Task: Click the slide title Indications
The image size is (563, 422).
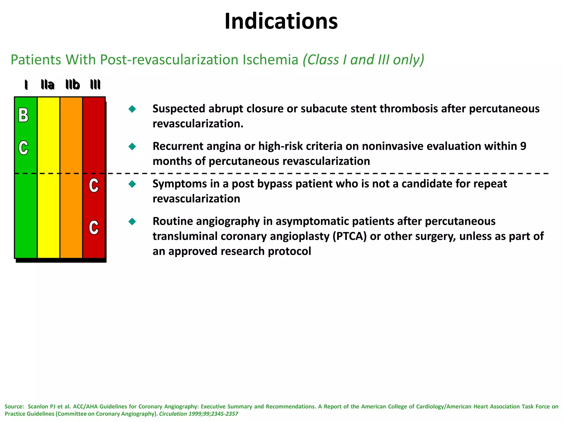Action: point(281,21)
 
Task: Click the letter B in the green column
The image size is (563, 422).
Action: point(23,115)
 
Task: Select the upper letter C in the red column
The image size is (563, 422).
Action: point(94,185)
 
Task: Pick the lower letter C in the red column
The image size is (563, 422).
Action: point(94,228)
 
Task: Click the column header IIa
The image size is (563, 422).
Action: point(48,85)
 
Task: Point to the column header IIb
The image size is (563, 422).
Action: point(73,85)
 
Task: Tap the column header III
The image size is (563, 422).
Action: point(95,85)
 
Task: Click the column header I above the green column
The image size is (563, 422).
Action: point(26,85)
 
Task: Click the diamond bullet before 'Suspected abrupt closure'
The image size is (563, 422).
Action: point(132,109)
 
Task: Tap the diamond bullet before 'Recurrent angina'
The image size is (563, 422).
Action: point(132,146)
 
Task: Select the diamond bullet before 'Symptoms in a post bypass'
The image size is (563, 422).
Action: point(132,184)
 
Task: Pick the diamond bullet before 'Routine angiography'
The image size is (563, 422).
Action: point(132,221)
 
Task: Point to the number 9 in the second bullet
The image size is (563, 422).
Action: point(523,146)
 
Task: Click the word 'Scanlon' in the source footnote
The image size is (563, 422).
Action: point(38,406)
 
